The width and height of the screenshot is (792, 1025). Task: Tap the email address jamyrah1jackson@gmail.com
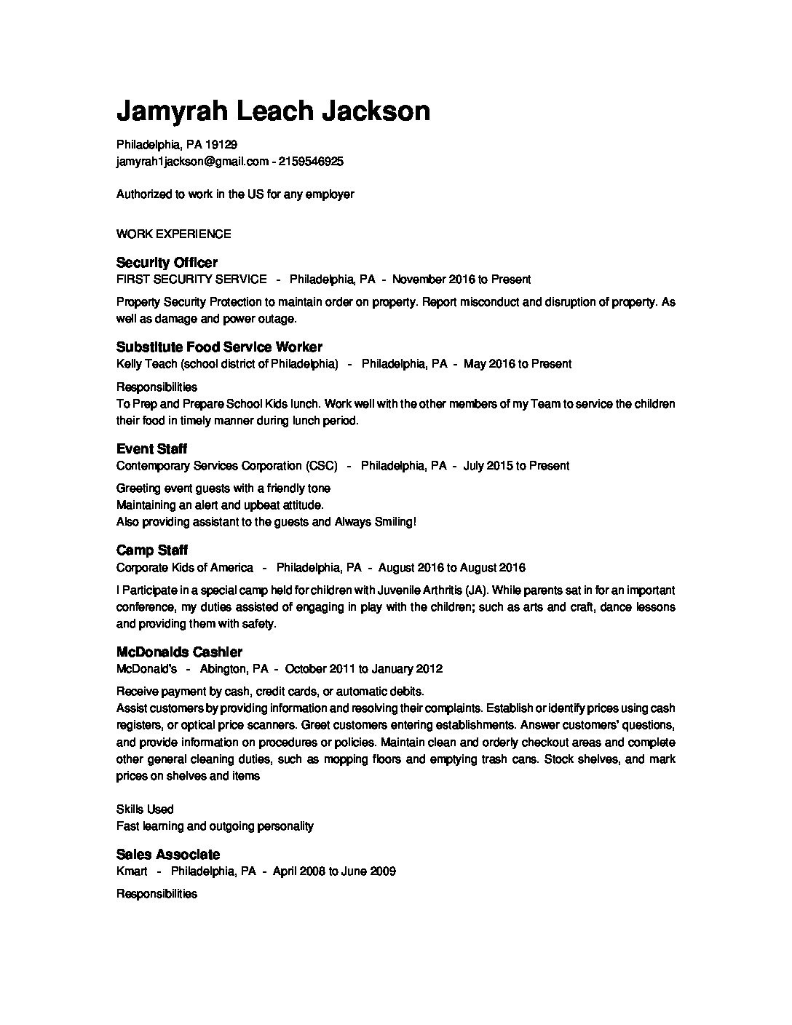point(192,162)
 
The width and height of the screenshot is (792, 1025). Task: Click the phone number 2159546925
point(311,162)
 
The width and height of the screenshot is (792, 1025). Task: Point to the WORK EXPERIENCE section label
point(173,234)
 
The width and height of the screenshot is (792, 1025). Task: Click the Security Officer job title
point(167,263)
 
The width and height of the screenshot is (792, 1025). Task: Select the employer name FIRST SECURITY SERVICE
point(191,280)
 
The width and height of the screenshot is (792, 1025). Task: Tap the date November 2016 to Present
point(462,280)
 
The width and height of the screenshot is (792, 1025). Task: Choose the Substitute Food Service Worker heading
point(219,347)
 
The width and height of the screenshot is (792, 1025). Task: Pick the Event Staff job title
point(151,449)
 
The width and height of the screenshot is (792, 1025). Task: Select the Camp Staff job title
point(152,550)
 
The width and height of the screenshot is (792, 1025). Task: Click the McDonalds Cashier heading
point(179,652)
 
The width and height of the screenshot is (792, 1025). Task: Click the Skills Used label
point(145,810)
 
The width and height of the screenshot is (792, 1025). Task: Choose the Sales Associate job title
point(167,855)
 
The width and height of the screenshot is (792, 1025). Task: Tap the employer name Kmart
point(132,871)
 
